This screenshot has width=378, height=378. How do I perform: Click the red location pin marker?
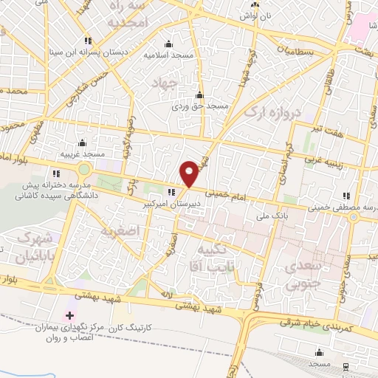point(189,173)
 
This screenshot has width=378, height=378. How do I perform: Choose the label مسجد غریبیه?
point(82,153)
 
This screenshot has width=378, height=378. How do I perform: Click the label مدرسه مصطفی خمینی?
point(346,209)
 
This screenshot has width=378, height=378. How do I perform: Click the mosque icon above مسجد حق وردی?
point(199,94)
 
